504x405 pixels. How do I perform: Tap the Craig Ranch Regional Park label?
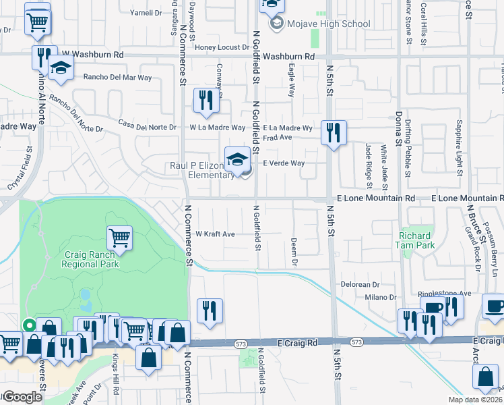(x=92, y=259)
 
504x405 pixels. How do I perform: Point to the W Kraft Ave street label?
(x=215, y=234)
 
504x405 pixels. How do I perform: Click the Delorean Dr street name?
(x=361, y=284)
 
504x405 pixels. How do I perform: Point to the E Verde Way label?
(x=284, y=163)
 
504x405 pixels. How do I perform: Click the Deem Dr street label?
(x=294, y=249)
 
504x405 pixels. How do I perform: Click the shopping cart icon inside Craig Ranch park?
(x=119, y=236)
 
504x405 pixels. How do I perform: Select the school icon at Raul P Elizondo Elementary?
(x=237, y=159)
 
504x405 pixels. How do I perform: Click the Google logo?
(x=22, y=397)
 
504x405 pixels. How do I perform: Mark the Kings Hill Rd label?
(x=116, y=381)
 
